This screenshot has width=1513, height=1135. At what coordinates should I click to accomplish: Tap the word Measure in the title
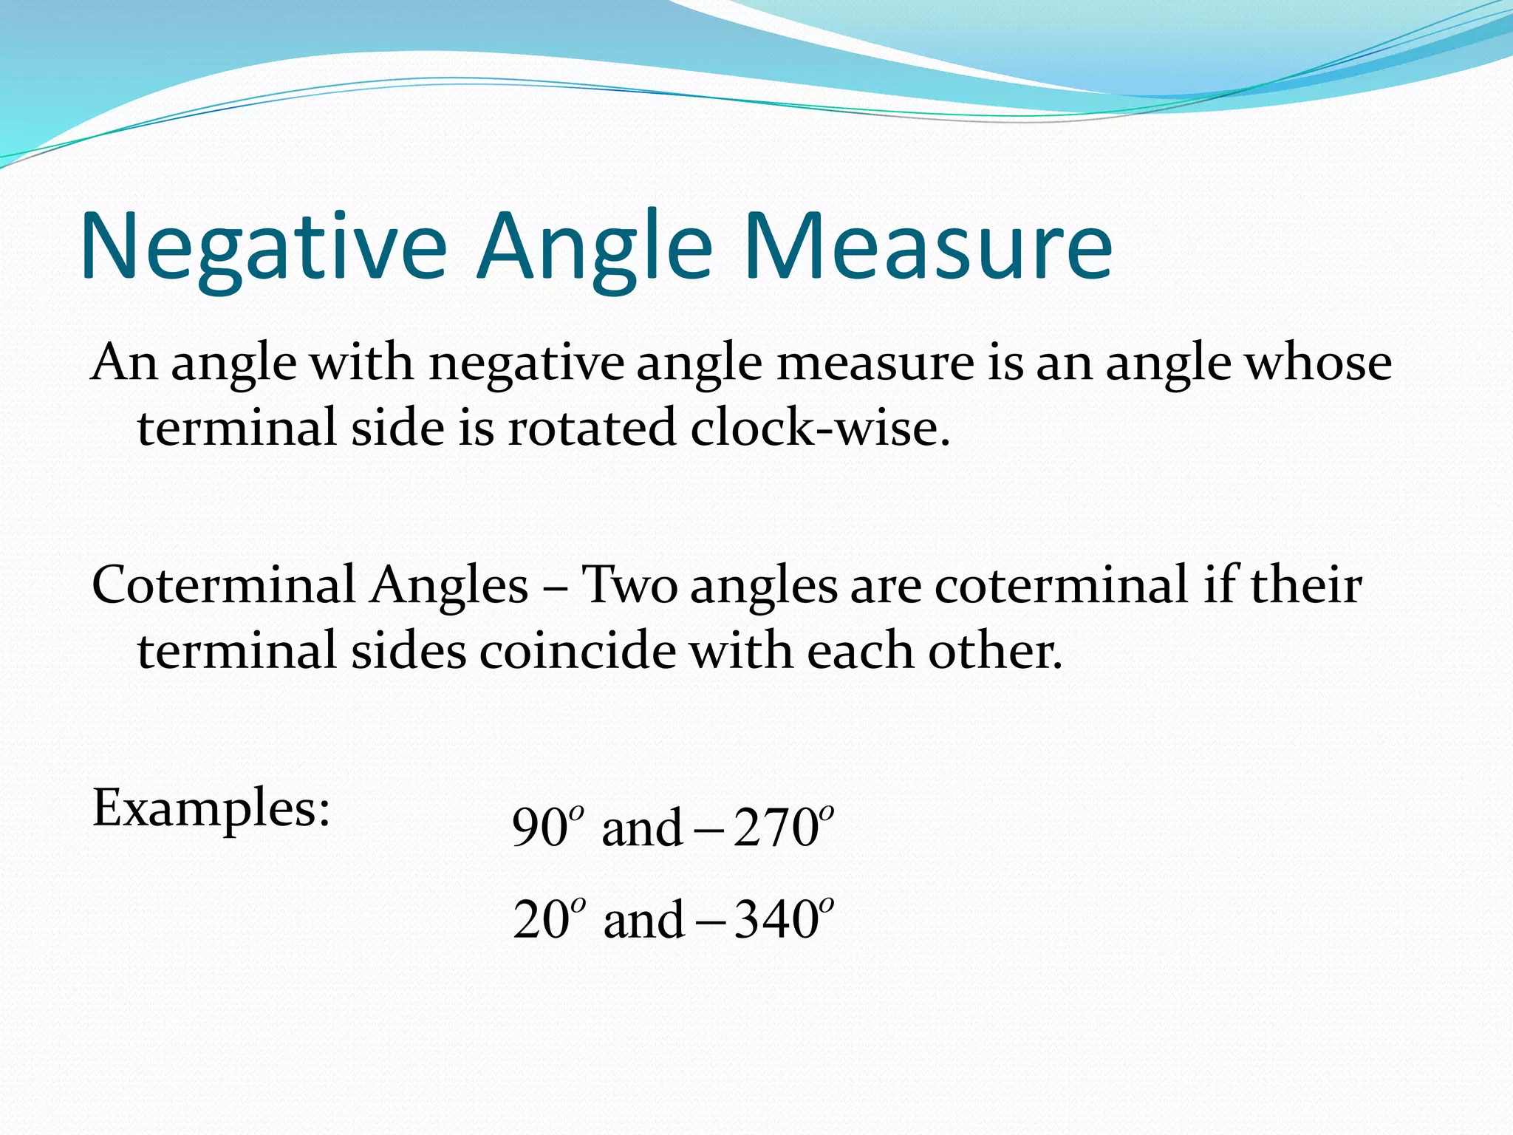tap(928, 247)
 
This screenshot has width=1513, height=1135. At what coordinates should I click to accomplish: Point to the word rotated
tap(591, 429)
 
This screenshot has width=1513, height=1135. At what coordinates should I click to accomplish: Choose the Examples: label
tap(211, 810)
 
